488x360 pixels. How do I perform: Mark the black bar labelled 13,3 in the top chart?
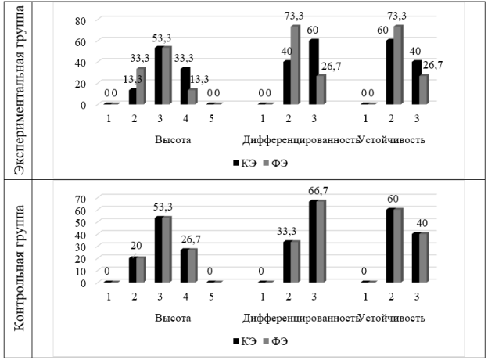[x=132, y=96]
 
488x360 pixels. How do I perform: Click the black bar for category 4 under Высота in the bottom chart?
[x=185, y=266]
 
